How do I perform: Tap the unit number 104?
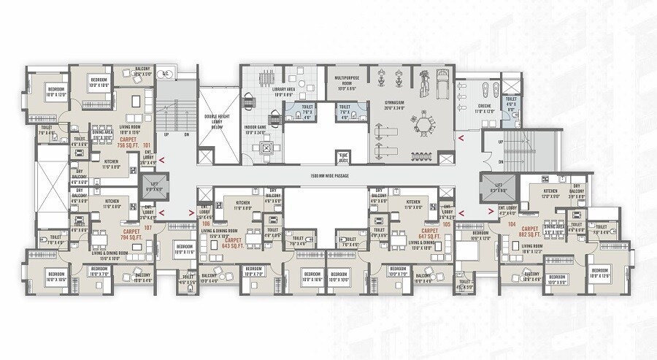pyautogui.click(x=511, y=223)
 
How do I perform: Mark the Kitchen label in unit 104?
pyautogui.click(x=549, y=193)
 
